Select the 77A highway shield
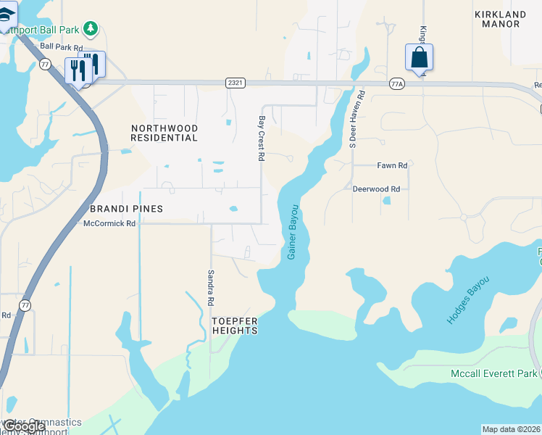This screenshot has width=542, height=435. pos(396,83)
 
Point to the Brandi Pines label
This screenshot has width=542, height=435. pos(127,209)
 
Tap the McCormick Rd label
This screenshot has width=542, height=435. pos(109,223)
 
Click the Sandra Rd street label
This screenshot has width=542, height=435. pos(211,286)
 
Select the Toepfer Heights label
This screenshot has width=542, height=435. pos(234,325)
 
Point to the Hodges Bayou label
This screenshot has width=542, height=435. pos(468,299)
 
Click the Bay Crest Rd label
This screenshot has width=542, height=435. pos(262,138)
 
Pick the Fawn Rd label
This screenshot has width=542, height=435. pos(392,165)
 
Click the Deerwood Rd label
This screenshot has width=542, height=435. pos(376,188)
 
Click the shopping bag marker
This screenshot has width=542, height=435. pos(420,58)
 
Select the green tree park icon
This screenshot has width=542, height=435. pos(91,29)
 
